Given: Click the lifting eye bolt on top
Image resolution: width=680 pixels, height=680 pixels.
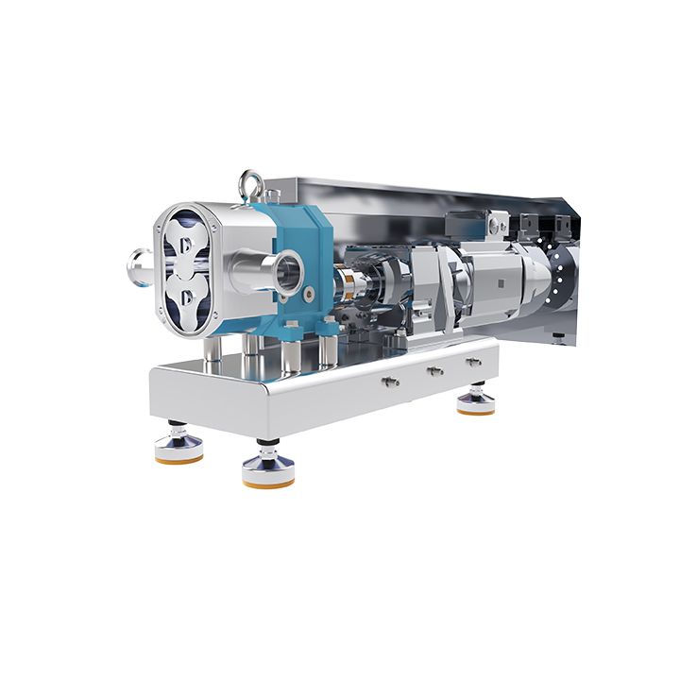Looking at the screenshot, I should tap(252, 179).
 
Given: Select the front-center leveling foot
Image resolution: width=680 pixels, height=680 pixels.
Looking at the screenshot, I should tap(267, 469).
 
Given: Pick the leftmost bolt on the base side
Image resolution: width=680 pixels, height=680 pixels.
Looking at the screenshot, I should tap(387, 381).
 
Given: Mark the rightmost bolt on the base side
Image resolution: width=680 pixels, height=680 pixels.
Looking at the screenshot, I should tap(473, 361).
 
